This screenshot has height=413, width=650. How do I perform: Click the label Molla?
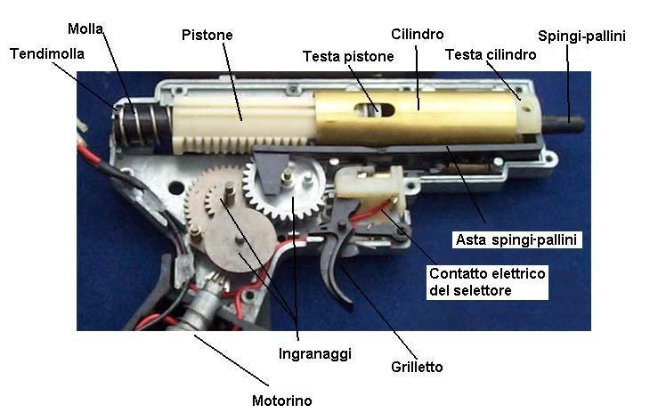pos(85,29)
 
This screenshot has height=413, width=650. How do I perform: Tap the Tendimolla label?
pos(47,54)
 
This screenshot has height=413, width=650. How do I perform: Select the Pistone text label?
pos(207,35)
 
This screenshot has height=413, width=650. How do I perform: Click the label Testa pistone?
pos(348,56)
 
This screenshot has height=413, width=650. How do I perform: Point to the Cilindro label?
pos(417,34)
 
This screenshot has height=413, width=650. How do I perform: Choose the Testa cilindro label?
pos(491,54)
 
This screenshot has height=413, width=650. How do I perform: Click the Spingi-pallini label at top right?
pos(581,36)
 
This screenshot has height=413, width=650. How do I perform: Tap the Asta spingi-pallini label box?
pos(516,239)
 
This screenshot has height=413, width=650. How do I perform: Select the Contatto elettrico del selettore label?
pos(487,282)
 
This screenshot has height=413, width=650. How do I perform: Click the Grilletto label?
pos(417,367)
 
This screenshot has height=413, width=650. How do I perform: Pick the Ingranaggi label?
pos(315,353)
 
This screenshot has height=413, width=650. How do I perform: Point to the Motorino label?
pos(282,401)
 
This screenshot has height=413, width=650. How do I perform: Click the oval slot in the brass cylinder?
pos(374,110)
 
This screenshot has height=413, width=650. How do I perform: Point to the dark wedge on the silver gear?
pos(271,172)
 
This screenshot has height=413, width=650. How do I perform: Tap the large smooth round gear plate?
pos(240,239)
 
